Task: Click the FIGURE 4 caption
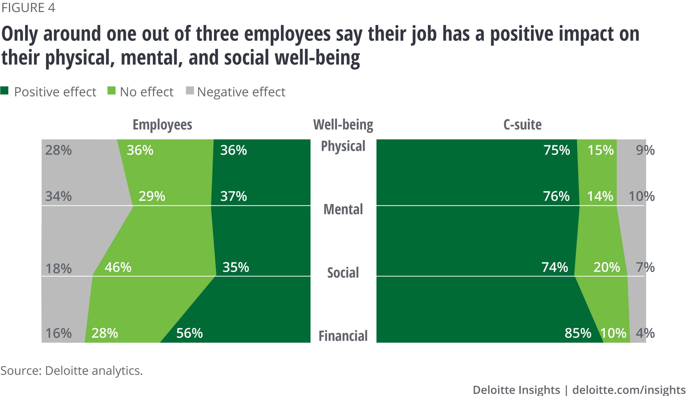[x=28, y=8]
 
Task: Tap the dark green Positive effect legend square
[x=4, y=91]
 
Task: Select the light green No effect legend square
[x=111, y=91]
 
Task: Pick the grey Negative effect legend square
[x=190, y=91]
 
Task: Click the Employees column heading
[x=162, y=125]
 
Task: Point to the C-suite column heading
[x=522, y=125]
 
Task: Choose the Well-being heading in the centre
[x=343, y=125]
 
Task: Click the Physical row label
[x=343, y=146]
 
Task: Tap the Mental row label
[x=343, y=210]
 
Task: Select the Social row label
[x=343, y=273]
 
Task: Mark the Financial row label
[x=343, y=336]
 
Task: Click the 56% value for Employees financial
[x=189, y=333]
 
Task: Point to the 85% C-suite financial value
[x=578, y=333]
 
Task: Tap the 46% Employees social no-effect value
[x=118, y=267]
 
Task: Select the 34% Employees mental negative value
[x=58, y=196]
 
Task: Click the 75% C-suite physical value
[x=556, y=150]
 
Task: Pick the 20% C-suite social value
[x=607, y=267]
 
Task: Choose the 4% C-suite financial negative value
[x=645, y=333]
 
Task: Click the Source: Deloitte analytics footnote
[x=71, y=371]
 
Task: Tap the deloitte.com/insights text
[x=629, y=390]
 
